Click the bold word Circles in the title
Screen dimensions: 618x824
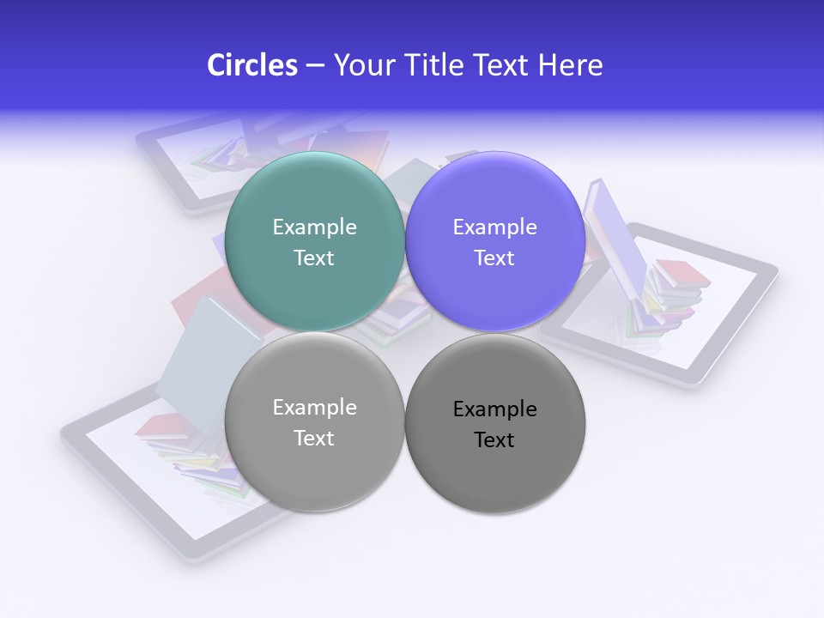[x=251, y=65]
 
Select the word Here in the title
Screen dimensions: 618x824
[x=571, y=65]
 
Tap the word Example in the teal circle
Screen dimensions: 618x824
[x=314, y=227]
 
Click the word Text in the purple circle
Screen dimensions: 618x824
[x=494, y=257]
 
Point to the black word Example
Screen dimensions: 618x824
[x=494, y=409]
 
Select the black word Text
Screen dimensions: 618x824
[x=494, y=440]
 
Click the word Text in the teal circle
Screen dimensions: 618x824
[x=314, y=257]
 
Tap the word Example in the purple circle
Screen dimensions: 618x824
[x=494, y=227]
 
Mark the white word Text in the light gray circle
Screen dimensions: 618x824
[x=314, y=438]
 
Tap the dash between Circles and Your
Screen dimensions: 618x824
[x=315, y=66]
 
